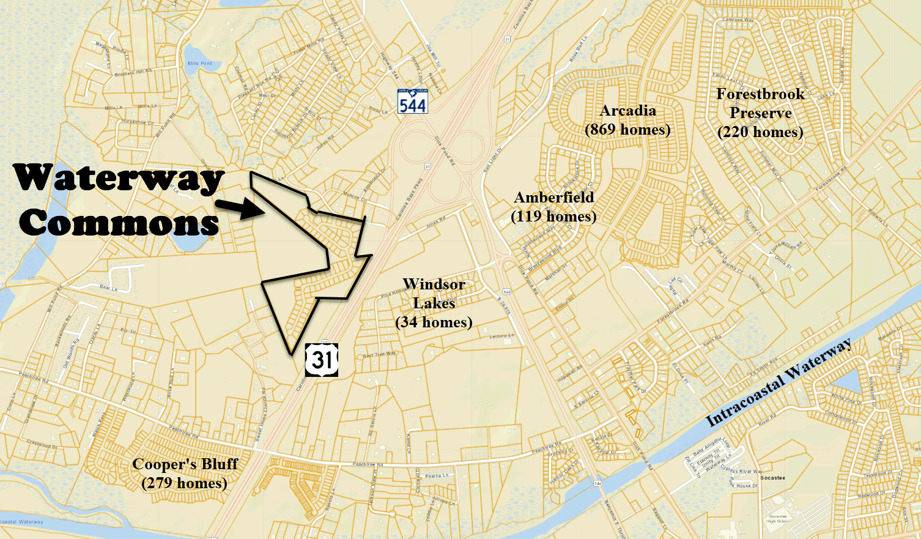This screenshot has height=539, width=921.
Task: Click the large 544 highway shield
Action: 412,101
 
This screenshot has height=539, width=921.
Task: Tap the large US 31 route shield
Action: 322,359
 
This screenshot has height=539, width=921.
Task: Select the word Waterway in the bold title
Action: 119,178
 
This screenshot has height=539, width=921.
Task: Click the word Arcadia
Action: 627,111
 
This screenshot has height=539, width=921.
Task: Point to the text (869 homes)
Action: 627,130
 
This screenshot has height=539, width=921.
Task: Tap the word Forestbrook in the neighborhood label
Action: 760,94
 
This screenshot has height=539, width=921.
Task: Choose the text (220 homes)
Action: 760,132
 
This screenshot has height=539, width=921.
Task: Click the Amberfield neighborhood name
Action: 554,198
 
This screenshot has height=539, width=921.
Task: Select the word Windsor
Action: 434,284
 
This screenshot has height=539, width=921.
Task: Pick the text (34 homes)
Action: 434,322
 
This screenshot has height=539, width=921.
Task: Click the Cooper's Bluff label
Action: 185,464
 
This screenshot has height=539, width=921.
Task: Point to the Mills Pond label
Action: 200,63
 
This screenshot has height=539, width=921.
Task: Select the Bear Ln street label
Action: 108,288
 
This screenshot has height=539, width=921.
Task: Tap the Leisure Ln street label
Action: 501,336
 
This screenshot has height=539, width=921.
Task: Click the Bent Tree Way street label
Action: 379,355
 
